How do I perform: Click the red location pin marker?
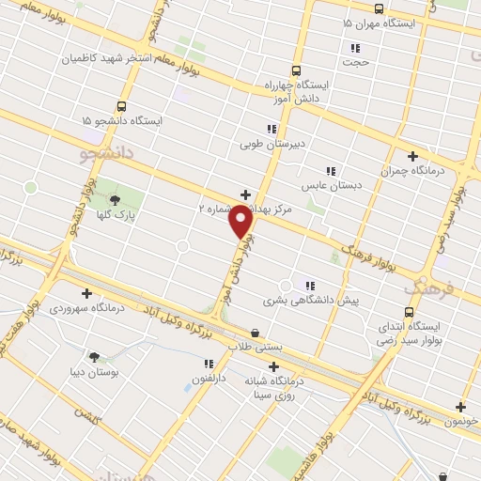241,221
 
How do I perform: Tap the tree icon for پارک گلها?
115,199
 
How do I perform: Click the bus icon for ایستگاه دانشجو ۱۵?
121,106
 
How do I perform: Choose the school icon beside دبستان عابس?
330,171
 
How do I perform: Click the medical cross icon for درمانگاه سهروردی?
86,292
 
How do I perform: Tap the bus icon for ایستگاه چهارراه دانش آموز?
297,70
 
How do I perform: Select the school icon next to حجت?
355,48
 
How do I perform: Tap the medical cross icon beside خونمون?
460,407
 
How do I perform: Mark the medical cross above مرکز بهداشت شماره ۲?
246,194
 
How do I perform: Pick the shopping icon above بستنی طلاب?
256,333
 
